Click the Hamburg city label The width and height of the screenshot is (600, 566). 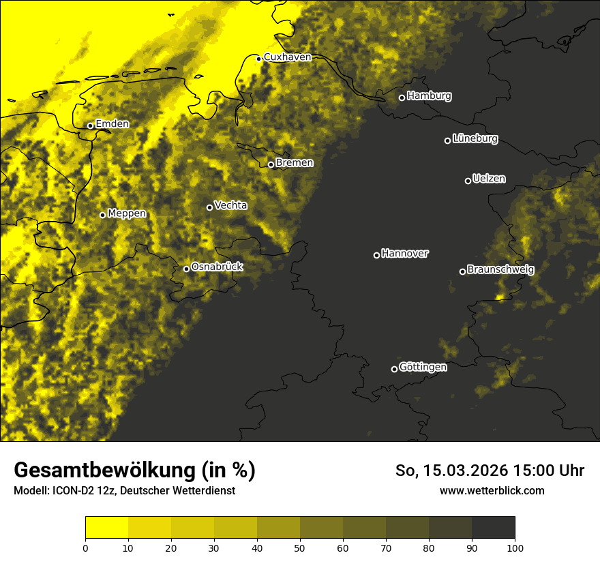click(429, 96)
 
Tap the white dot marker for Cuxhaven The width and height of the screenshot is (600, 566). click(259, 59)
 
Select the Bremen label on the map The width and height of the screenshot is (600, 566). click(295, 163)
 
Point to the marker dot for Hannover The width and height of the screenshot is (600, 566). click(376, 255)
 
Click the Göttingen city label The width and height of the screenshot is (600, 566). click(423, 367)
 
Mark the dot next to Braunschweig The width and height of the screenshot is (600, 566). click(462, 271)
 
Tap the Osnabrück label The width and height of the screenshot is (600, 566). click(217, 267)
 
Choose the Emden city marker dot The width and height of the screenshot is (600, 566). click(90, 125)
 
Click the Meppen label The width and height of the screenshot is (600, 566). click(127, 213)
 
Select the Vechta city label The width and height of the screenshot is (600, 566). click(230, 205)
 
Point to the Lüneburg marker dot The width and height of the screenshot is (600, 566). click(447, 140)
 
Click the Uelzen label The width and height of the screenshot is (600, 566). click(489, 179)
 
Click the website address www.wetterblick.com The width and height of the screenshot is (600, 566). click(492, 490)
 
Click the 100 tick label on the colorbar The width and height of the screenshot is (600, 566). click(515, 548)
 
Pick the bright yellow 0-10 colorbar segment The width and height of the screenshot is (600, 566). click(106, 528)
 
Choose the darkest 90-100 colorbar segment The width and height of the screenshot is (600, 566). click(493, 528)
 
